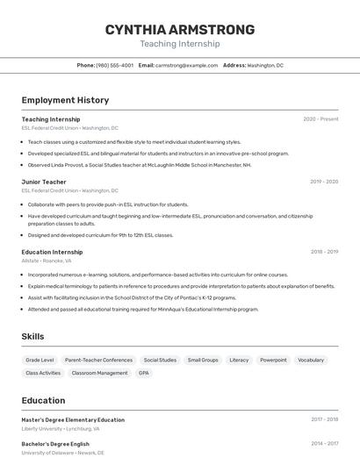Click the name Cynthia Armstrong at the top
tap(180, 29)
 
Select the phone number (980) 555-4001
tap(114, 65)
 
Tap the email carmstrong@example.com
tap(186, 65)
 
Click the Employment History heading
tap(65, 100)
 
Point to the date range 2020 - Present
tap(320, 119)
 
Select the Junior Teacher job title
tap(44, 182)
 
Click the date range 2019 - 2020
tap(324, 182)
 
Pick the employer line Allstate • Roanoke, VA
tap(47, 261)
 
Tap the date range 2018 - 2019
tap(324, 252)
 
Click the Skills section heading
tap(33, 337)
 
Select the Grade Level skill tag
tap(40, 360)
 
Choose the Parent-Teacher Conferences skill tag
tap(98, 360)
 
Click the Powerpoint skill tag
tap(273, 360)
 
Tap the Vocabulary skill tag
tap(311, 360)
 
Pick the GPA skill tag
tap(143, 373)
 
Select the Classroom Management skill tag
tap(99, 373)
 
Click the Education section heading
tap(43, 400)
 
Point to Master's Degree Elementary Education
tap(73, 419)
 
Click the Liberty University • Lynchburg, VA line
tap(61, 429)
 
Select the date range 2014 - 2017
tap(324, 443)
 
